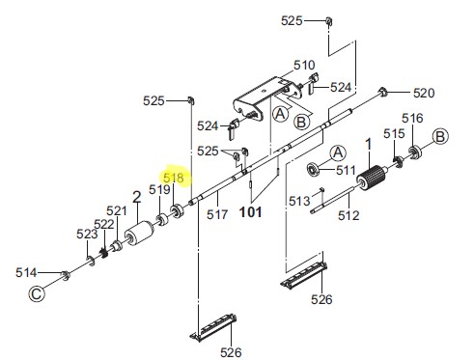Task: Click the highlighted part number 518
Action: click(x=174, y=178)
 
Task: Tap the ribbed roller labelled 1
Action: click(x=371, y=178)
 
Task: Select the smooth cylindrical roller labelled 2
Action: click(x=139, y=234)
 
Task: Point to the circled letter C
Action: click(x=37, y=293)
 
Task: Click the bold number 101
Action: click(x=251, y=212)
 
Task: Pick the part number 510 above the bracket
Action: click(x=304, y=65)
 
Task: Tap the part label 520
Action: click(x=424, y=93)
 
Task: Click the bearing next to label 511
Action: click(x=312, y=169)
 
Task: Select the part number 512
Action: click(x=349, y=215)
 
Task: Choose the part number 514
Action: click(x=26, y=272)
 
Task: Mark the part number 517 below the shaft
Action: click(x=217, y=214)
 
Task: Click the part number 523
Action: click(x=87, y=234)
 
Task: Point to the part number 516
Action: click(x=412, y=118)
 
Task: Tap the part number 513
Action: click(x=299, y=201)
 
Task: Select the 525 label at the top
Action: click(x=292, y=21)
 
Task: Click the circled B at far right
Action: click(x=440, y=136)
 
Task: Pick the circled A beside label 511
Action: click(x=338, y=153)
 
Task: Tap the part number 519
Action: click(x=159, y=189)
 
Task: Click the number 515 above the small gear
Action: click(x=394, y=133)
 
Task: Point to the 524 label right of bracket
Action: click(x=341, y=87)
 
